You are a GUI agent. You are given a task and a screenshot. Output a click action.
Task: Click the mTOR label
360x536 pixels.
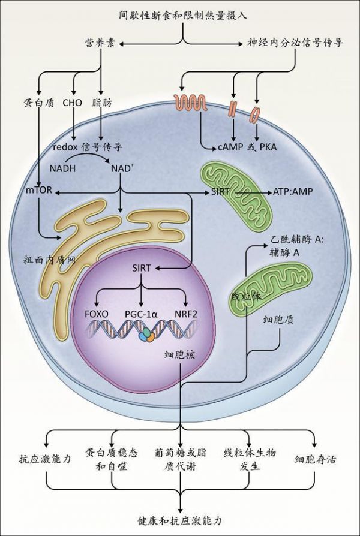tap(39, 190)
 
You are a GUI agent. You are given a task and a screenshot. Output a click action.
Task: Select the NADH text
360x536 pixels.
tap(62, 168)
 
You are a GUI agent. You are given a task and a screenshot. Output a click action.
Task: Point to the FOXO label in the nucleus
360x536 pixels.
tap(97, 314)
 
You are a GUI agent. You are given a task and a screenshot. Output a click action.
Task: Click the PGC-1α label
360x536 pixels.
tap(142, 314)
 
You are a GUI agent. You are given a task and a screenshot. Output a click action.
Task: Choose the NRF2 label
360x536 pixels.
tap(185, 314)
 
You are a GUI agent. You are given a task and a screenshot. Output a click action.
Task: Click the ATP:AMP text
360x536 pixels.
tap(293, 192)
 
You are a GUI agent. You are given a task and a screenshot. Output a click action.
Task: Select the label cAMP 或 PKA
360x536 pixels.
tap(247, 147)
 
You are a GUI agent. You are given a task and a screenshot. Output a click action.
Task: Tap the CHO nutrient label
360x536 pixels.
tap(73, 103)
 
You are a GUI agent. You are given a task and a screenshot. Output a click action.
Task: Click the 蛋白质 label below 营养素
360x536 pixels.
tap(38, 103)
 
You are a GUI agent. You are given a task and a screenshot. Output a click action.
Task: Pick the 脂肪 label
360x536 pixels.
tap(102, 103)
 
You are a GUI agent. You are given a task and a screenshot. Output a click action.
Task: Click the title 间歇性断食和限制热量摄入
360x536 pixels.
tap(183, 16)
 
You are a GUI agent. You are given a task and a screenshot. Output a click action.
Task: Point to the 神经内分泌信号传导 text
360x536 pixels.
tap(295, 43)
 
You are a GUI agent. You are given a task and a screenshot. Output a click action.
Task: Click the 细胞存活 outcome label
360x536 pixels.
tap(315, 459)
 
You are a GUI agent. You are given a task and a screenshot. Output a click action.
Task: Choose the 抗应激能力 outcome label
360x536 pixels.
tap(45, 459)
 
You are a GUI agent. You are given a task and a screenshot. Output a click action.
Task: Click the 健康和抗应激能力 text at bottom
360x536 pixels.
tap(180, 521)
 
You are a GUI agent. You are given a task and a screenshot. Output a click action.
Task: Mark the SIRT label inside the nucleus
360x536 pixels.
tap(142, 269)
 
